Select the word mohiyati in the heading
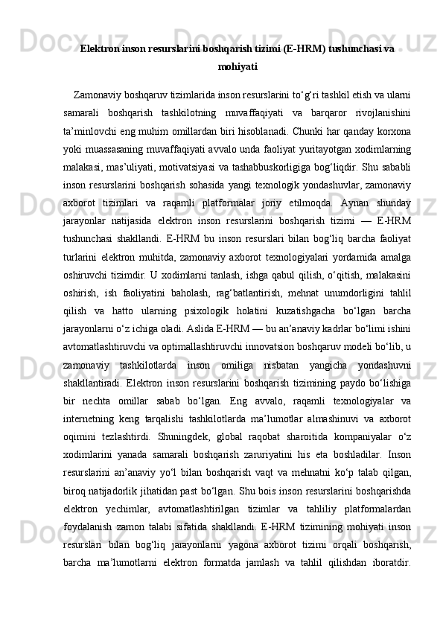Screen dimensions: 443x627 point(238,66)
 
